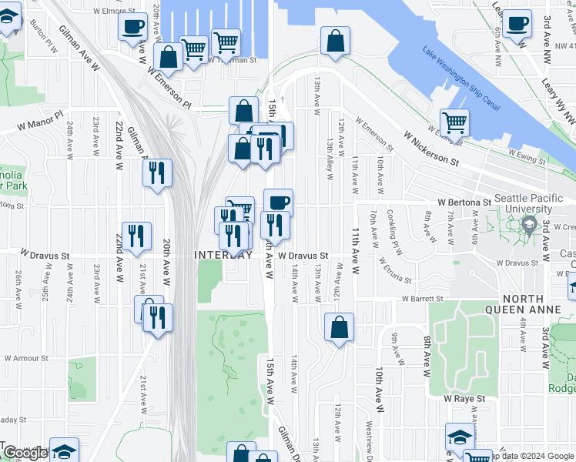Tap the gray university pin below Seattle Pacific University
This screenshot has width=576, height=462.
[x=529, y=226]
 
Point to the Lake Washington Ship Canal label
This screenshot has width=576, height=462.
[x=461, y=79]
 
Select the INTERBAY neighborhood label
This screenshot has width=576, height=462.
[x=223, y=255]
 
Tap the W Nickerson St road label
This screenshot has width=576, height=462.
[x=430, y=149]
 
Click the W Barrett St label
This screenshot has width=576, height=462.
[x=422, y=299]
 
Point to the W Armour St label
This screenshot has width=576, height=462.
[x=27, y=358]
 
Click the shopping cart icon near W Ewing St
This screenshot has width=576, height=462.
[x=454, y=121]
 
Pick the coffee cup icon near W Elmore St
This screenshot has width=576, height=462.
[x=133, y=26]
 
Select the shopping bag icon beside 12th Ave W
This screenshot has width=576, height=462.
[x=339, y=326]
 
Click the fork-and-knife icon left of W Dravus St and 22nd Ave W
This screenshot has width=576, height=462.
[x=136, y=235]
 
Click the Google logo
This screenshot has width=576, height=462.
[x=25, y=453]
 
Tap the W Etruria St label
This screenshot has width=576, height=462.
[x=395, y=270]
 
